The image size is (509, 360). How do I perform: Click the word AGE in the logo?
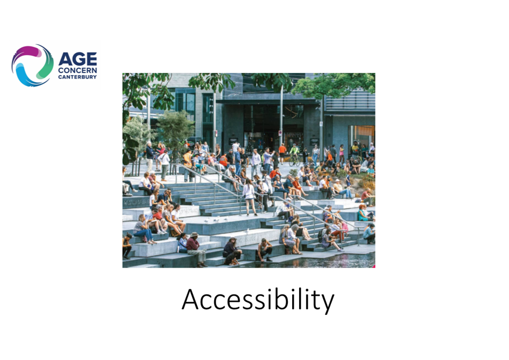77,59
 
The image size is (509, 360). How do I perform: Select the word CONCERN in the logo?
77,70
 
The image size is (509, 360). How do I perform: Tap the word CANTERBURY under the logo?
77,77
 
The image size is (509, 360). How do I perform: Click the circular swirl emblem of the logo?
33,65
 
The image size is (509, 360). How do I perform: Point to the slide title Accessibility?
258,300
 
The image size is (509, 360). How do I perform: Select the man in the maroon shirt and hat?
196,249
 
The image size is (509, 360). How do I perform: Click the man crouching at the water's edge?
264,250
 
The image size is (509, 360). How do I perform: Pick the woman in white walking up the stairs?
249,197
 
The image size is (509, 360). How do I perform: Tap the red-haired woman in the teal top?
362,213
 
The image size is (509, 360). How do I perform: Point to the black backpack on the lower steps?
321,235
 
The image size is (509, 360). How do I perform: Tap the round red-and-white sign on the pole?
280,133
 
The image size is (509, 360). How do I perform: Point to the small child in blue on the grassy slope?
348,179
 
